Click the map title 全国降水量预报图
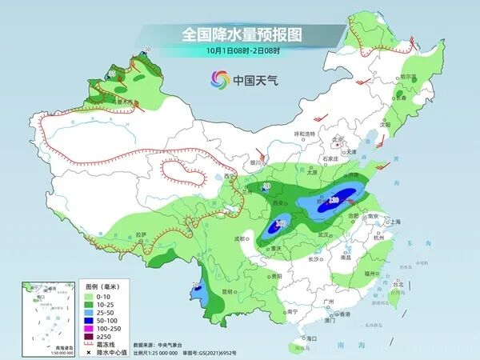click(241, 34)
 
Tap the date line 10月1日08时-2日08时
click(241, 51)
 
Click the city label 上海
click(393, 222)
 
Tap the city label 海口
click(313, 338)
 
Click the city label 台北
click(394, 282)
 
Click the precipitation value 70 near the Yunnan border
click(197, 285)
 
